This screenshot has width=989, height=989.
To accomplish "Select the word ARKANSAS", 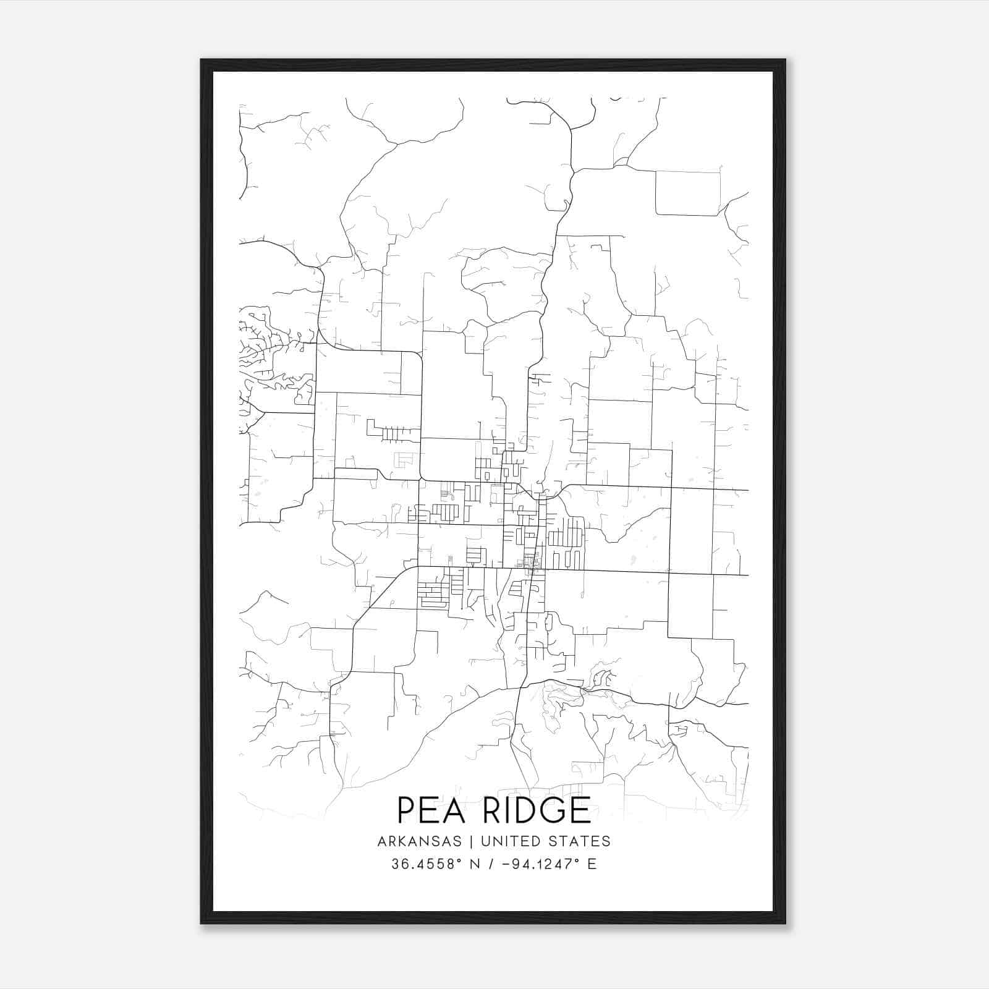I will pos(418,841).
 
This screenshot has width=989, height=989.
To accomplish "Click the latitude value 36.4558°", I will pos(427,864).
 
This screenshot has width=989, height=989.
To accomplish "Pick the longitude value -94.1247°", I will pos(537,864).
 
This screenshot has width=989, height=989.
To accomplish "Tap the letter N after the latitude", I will pos(476,864).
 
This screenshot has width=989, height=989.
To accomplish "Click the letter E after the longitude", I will pos(592,864).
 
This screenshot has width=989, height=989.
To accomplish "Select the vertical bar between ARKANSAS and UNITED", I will pos(470,841).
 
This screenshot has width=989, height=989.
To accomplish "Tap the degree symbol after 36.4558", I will pos(460,860).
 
